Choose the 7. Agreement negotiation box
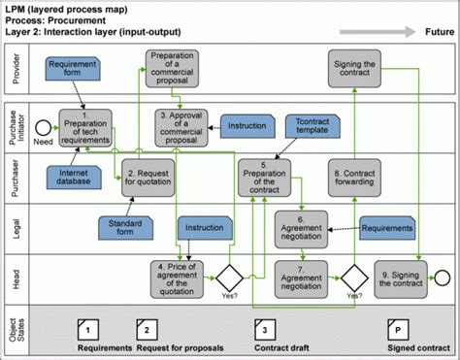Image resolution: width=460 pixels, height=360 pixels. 299,276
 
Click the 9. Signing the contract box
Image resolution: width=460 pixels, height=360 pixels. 399,276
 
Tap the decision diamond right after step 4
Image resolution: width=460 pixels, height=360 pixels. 231,277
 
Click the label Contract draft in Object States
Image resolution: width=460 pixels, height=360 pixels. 282,347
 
